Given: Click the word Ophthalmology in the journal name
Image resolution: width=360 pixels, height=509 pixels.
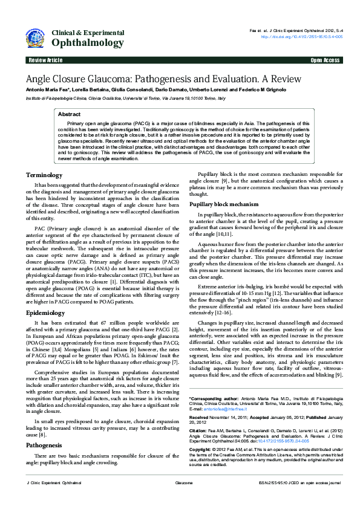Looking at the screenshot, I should pyautogui.click(x=88, y=43).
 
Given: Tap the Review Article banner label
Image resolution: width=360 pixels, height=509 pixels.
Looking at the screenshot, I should pyautogui.click(x=45, y=60).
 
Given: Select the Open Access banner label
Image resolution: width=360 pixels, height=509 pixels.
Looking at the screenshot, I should pyautogui.click(x=325, y=60).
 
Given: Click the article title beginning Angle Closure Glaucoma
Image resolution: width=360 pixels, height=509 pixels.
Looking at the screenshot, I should pyautogui.click(x=163, y=79).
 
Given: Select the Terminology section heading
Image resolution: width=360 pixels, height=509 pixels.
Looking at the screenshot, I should pyautogui.click(x=44, y=175).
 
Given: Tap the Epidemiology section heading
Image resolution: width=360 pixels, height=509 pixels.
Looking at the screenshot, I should pyautogui.click(x=45, y=313).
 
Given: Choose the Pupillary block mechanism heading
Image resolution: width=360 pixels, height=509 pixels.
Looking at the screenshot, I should pyautogui.click(x=224, y=204).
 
